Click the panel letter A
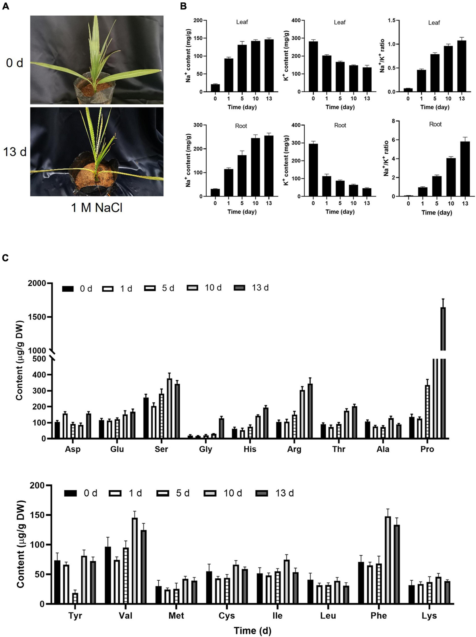coord(6,6)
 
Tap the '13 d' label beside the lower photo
coord(15,151)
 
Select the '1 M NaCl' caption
coord(97,207)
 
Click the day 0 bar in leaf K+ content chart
coord(313,67)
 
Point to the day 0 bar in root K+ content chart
coord(313,170)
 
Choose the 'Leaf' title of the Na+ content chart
coord(242,22)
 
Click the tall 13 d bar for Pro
coord(443,373)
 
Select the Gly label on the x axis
coord(205,449)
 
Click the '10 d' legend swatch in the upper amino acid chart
coord(193,288)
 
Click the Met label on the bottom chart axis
coord(176,616)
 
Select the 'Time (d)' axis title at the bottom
coord(252,631)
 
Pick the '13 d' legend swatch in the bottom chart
coord(263,494)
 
